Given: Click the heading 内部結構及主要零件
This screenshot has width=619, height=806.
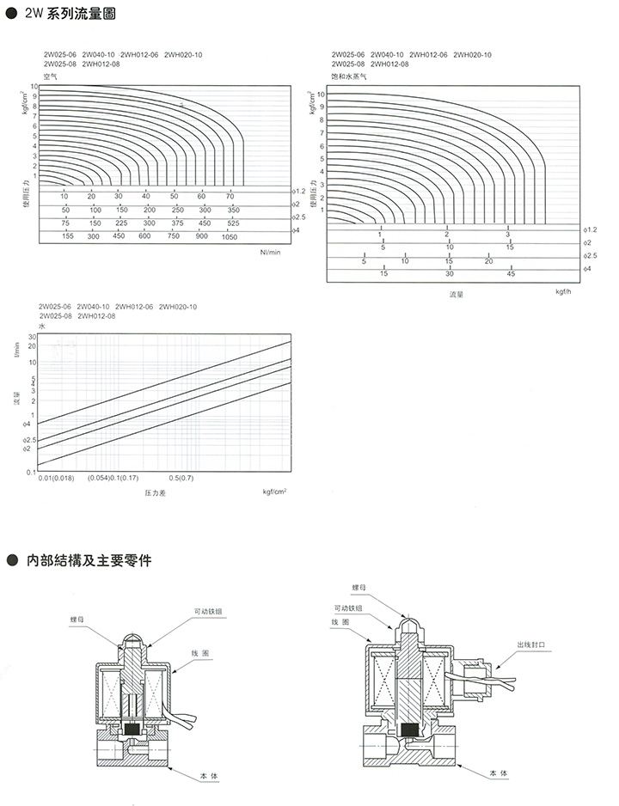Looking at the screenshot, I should (89, 561).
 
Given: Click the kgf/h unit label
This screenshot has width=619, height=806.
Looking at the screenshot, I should (564, 292).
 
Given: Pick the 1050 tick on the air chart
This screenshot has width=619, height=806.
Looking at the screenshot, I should (229, 236).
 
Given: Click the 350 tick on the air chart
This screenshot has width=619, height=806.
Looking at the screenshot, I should (232, 211).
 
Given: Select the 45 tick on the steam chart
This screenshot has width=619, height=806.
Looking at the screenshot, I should (511, 273).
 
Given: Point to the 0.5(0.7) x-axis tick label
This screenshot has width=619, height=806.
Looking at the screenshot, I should (182, 477).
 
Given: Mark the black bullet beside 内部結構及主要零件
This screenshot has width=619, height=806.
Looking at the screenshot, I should (12, 561).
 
